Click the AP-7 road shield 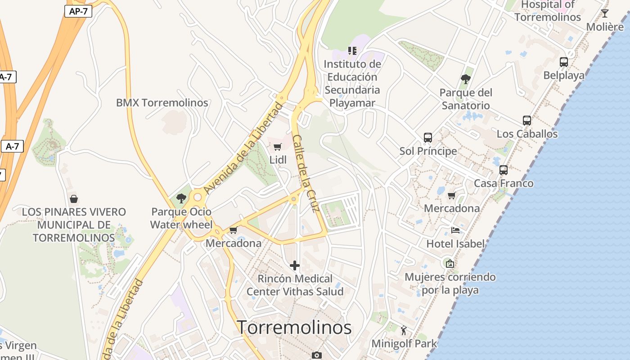(78, 11)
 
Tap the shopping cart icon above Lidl (278, 147)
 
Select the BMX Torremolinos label (162, 103)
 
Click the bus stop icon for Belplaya (564, 62)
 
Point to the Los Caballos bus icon (527, 121)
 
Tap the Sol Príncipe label (428, 151)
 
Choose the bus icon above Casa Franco (504, 170)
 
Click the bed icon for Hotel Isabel (455, 230)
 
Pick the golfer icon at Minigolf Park (404, 331)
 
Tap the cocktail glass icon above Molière (605, 13)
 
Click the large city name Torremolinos (294, 327)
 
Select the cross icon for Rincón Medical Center (295, 265)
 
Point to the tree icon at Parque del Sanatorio (466, 79)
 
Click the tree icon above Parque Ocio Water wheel (181, 198)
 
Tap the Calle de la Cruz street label (306, 173)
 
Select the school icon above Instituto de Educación (352, 50)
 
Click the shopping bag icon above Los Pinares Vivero (74, 198)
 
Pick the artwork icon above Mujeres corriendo (450, 264)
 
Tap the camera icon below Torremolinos (317, 355)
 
